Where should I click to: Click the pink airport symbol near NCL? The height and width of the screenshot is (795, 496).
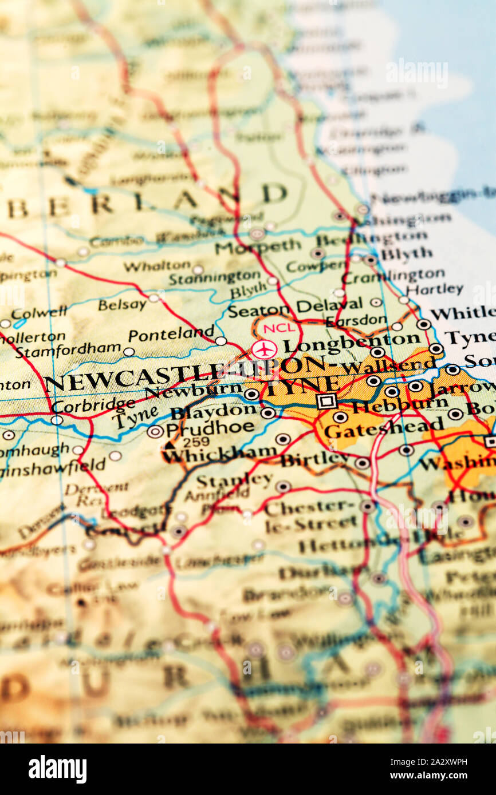point(264,349)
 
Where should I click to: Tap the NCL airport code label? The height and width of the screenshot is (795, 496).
point(280,328)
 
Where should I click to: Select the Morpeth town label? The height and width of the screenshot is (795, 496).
point(257,247)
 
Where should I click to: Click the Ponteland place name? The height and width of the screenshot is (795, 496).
point(171,334)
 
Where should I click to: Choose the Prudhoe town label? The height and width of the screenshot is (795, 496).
point(210,428)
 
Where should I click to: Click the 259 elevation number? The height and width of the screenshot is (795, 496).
point(196,442)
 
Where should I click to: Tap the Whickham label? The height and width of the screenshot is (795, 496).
point(219,454)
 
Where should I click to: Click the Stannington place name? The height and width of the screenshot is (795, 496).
point(214,279)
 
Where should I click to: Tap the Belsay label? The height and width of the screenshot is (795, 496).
point(122,305)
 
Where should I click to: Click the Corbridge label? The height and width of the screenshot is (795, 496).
point(93,405)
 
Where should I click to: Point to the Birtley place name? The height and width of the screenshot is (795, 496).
point(314,459)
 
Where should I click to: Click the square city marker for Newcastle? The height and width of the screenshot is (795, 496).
point(326,400)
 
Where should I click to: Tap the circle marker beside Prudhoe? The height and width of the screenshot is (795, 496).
point(155,431)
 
